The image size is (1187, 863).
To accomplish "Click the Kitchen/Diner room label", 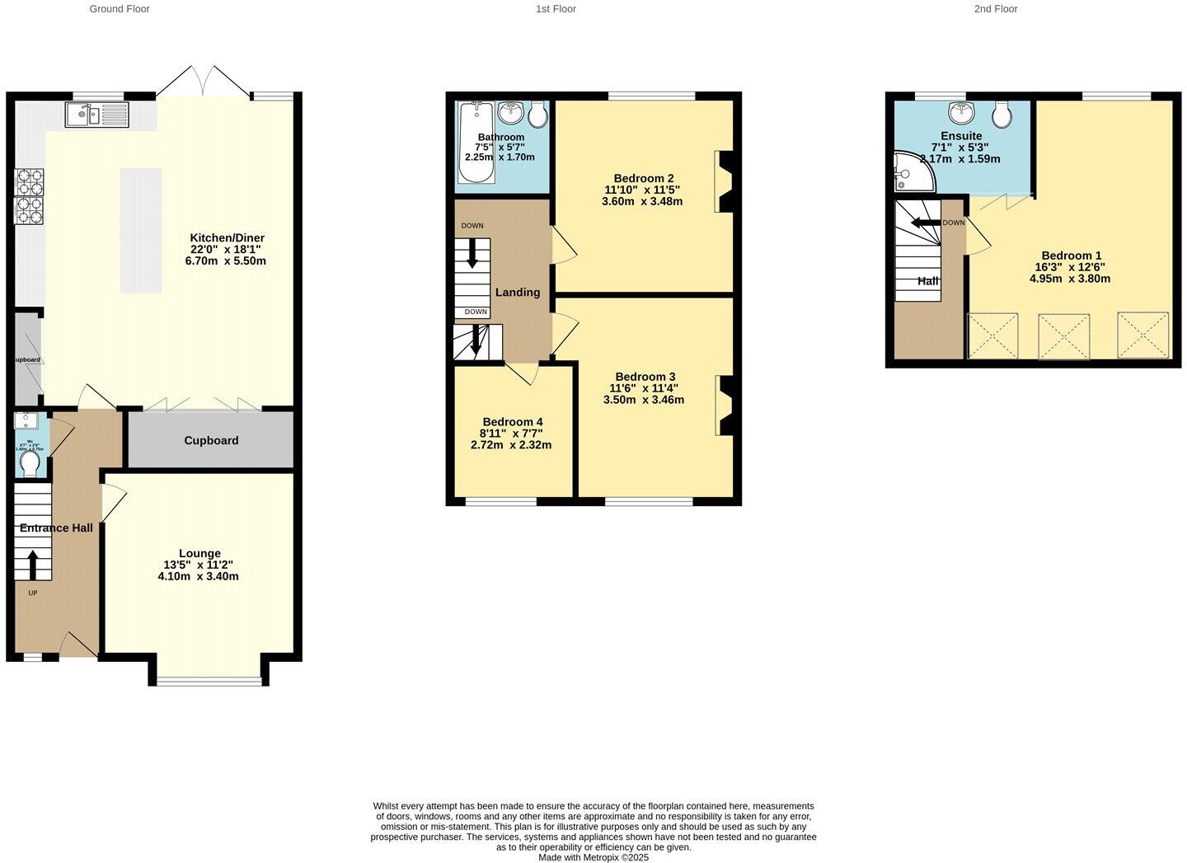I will pos(227,238).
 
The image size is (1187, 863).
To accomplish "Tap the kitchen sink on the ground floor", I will pos(97,115).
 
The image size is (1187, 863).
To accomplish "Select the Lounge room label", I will pos(199,553).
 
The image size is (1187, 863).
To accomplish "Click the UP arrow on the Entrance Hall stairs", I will pos(33,565).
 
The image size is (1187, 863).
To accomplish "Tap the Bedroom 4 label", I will pos(512,422).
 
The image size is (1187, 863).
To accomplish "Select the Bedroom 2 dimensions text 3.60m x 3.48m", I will pos(643,201).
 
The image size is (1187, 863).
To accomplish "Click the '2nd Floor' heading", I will pos(996,9).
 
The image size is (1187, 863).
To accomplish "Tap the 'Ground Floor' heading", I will pos(120,9).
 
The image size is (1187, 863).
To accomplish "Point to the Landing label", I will pos(518,293).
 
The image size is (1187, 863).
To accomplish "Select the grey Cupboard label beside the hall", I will pos(211,441).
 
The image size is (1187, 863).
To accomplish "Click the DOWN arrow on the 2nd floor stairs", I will pos(926,223).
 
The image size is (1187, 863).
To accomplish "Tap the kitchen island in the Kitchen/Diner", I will pos(141,231).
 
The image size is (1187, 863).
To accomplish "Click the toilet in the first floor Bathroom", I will pos(537,115).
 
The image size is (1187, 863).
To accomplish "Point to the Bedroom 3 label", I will pos(645,377).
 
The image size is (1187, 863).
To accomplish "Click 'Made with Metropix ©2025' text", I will pos(593,857).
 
